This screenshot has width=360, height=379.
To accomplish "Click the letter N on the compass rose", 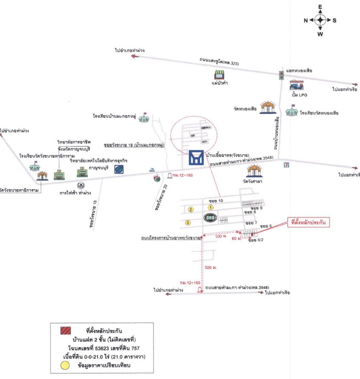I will coord(306,20).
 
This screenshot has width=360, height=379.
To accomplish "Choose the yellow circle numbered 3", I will coord(188,222).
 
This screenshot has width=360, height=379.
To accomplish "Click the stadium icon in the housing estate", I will coord(210,218).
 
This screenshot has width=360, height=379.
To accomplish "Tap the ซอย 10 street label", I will coord(216,200).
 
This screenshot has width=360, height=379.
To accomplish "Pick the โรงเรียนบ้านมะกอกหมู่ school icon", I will coord(144,118).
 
